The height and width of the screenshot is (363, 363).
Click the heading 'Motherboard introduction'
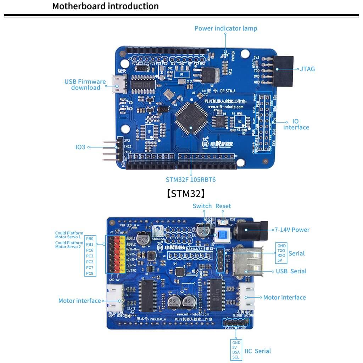pos(105,6)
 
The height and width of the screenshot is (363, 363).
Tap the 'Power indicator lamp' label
pos(225,28)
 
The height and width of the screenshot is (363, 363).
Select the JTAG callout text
pos(307,69)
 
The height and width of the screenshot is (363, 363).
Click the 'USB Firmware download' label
pos(85,85)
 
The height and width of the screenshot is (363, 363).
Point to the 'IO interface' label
pos(296,124)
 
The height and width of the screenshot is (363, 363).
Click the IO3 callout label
pos(80,147)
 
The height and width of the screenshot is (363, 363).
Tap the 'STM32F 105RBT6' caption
pos(191,180)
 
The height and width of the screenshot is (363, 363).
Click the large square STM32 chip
pos(190,118)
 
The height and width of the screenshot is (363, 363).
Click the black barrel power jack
pos(253,230)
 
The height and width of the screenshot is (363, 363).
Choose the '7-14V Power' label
pos(291,230)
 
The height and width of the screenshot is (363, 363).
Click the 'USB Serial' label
pos(291,271)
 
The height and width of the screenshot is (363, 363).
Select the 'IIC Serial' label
pos(258,351)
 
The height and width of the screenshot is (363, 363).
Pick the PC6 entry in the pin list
pos(90,250)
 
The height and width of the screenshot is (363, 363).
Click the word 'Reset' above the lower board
pos(223,206)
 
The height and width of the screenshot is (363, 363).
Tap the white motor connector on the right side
pos(246,297)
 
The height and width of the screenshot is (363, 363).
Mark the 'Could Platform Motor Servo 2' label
pos(69,245)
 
